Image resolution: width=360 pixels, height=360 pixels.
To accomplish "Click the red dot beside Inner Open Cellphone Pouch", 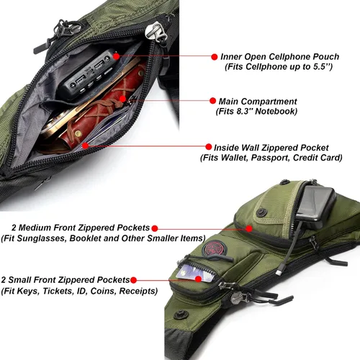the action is pyautogui.click(x=215, y=57).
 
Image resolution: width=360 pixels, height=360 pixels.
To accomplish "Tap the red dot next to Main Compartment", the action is pyautogui.click(x=212, y=101).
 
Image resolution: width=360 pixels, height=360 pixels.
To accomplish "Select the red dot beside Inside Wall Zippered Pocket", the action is pyautogui.click(x=209, y=147).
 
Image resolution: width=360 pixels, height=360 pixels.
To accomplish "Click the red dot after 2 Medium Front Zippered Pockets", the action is pyautogui.click(x=155, y=228).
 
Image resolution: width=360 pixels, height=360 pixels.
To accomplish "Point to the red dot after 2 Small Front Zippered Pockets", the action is pyautogui.click(x=133, y=280).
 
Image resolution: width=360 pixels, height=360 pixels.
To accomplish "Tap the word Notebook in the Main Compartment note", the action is pyautogui.click(x=276, y=112).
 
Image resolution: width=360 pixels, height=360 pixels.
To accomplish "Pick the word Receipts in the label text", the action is pyautogui.click(x=138, y=291).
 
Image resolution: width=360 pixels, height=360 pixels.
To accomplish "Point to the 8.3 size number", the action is pyautogui.click(x=243, y=112).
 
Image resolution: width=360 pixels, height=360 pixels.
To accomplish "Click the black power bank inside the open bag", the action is pyautogui.click(x=88, y=74).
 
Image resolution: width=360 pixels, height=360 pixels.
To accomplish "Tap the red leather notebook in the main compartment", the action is pyautogui.click(x=101, y=108).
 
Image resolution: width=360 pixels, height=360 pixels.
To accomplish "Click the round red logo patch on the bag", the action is pyautogui.click(x=215, y=249).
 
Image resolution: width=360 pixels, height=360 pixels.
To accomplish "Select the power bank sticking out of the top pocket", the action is pyautogui.click(x=315, y=207).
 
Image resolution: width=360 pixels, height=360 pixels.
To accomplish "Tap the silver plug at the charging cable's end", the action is pyautogui.click(x=279, y=273).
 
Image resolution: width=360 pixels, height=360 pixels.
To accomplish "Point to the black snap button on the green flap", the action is pyautogui.click(x=261, y=212).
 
